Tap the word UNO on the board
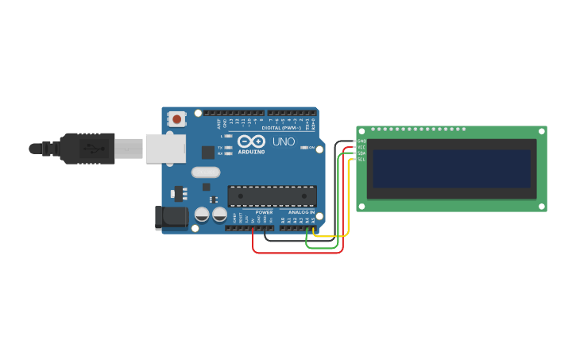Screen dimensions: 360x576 [284, 141]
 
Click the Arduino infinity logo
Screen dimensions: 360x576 [250, 141]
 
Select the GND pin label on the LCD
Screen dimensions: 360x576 [361, 141]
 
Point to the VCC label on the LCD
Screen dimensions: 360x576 [361, 147]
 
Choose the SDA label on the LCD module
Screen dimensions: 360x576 [361, 153]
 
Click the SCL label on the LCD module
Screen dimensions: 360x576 [361, 159]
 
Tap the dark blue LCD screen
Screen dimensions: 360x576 [451, 168]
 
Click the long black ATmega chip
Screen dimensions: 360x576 [272, 195]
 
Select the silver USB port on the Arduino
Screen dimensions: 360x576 [165, 149]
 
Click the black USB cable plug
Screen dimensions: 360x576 [87, 149]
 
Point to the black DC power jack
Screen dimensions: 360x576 [171, 218]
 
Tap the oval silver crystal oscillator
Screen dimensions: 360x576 [206, 172]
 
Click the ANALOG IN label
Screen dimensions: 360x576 [301, 212]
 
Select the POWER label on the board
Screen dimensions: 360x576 [264, 212]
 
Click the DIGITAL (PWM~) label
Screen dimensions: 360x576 [281, 127]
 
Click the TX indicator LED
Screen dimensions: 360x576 [229, 147]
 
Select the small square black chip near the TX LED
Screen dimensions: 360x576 [208, 152]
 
